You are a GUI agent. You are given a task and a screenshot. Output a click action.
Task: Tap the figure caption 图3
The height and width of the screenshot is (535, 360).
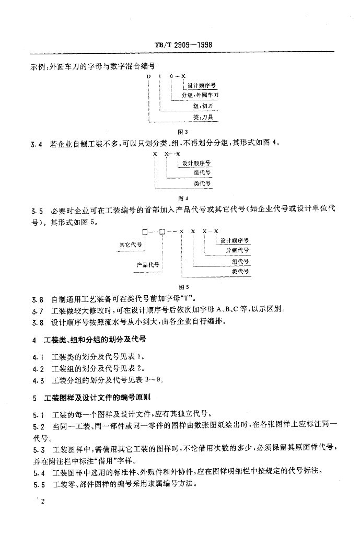point(179,132)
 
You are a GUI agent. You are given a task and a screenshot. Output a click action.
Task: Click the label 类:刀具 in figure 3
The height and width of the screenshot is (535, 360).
point(206,118)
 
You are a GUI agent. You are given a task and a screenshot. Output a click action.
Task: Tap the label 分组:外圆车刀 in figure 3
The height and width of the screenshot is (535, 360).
point(200,96)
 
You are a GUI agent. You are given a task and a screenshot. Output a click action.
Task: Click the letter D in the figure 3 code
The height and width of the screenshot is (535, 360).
point(149,76)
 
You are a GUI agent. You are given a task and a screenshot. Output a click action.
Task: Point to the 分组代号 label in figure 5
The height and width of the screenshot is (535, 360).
point(237,251)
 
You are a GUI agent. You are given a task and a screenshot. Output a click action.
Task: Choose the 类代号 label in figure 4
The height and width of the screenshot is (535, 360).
point(202,184)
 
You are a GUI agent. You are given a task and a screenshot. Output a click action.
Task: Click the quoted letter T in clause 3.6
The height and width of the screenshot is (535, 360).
point(191,300)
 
